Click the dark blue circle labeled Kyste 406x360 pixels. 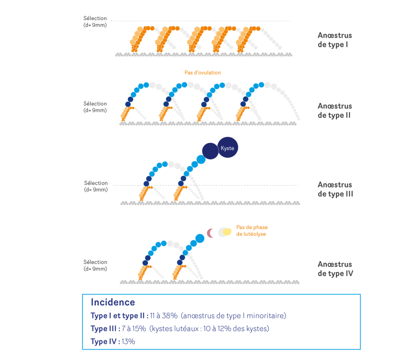pos(228,147)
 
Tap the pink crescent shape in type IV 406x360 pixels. pos(211,233)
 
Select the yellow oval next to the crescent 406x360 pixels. pos(227,232)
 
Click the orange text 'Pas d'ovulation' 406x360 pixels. pos(203,73)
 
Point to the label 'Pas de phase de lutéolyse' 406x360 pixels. pos(252,231)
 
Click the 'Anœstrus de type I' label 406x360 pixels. pos(335,40)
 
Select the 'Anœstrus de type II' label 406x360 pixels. pos(335,111)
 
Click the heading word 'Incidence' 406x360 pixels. pos(113,302)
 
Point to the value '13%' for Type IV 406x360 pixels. pos(129,341)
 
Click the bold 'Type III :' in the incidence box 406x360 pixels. pos(105,329)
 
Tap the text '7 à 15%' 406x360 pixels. pos(134,329)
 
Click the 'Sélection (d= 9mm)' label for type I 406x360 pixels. pos(95,21)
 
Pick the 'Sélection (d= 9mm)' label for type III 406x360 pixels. pos(96,186)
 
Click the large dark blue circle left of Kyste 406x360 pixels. pos(210,151)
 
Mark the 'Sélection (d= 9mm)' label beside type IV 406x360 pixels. pos(95,265)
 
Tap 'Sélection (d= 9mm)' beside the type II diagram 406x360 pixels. pos(95,107)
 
